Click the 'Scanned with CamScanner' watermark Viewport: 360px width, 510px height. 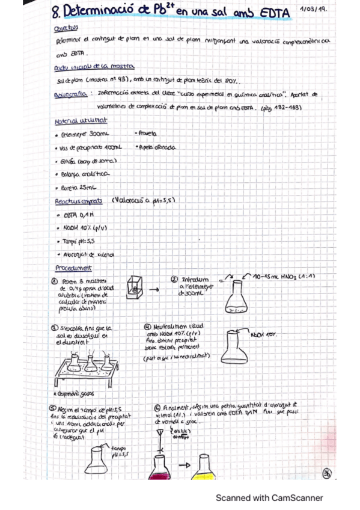coord(269,497)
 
